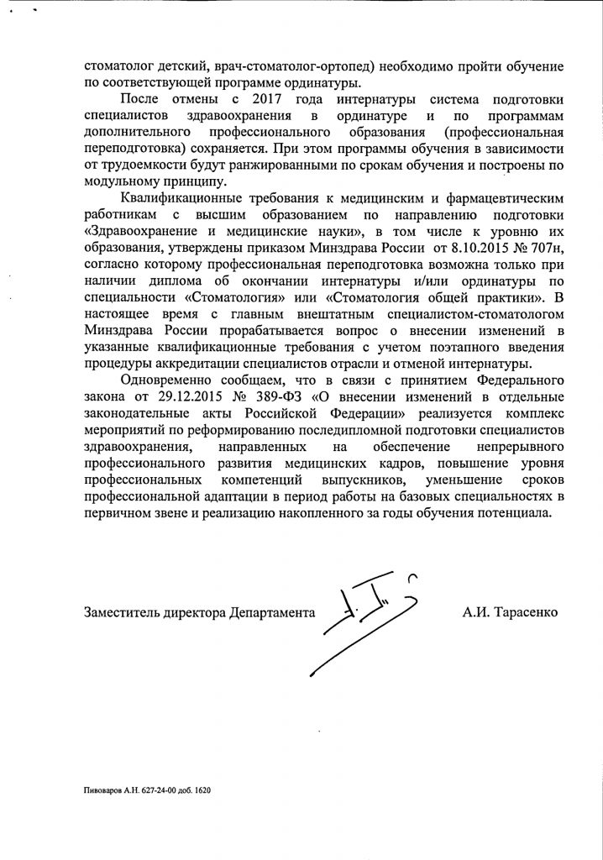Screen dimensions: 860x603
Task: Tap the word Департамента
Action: coord(271,613)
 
